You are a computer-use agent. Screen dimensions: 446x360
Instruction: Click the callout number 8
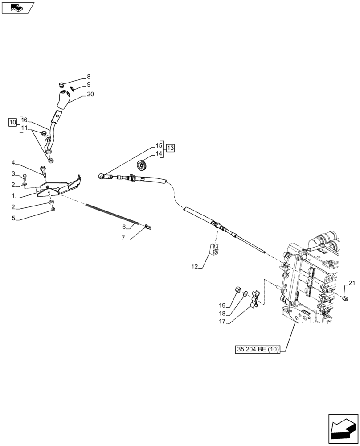click(x=88, y=76)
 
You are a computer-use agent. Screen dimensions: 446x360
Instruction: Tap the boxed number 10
click(x=12, y=122)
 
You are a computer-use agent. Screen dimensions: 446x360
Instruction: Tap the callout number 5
click(x=13, y=218)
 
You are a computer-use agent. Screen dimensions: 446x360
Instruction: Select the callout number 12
click(x=194, y=267)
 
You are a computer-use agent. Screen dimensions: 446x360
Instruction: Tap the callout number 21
click(x=352, y=283)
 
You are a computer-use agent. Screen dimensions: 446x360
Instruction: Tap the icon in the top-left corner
click(x=18, y=8)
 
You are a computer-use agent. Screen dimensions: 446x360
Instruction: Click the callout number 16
click(x=24, y=120)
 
